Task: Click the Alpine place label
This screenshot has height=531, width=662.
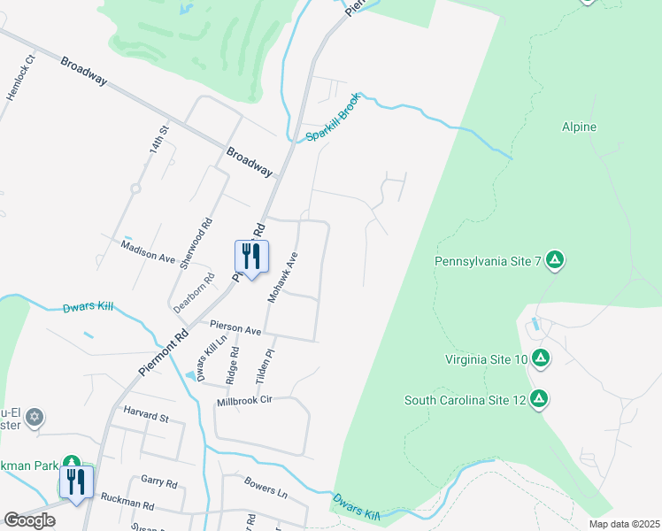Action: click(579, 127)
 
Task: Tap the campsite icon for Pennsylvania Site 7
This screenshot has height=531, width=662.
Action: click(555, 259)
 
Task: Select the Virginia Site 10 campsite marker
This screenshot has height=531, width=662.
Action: click(541, 358)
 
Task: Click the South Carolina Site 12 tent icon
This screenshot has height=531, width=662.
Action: click(538, 399)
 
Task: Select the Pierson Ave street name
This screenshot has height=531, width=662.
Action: click(235, 328)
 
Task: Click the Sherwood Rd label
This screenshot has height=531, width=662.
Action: click(196, 243)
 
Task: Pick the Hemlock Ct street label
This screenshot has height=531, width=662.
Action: click(20, 77)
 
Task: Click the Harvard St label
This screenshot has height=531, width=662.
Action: click(146, 414)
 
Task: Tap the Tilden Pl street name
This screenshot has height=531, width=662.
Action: click(261, 365)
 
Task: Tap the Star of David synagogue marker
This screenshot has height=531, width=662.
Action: click(35, 417)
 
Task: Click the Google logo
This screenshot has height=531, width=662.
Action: click(29, 520)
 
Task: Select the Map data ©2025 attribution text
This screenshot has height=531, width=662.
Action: click(624, 524)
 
